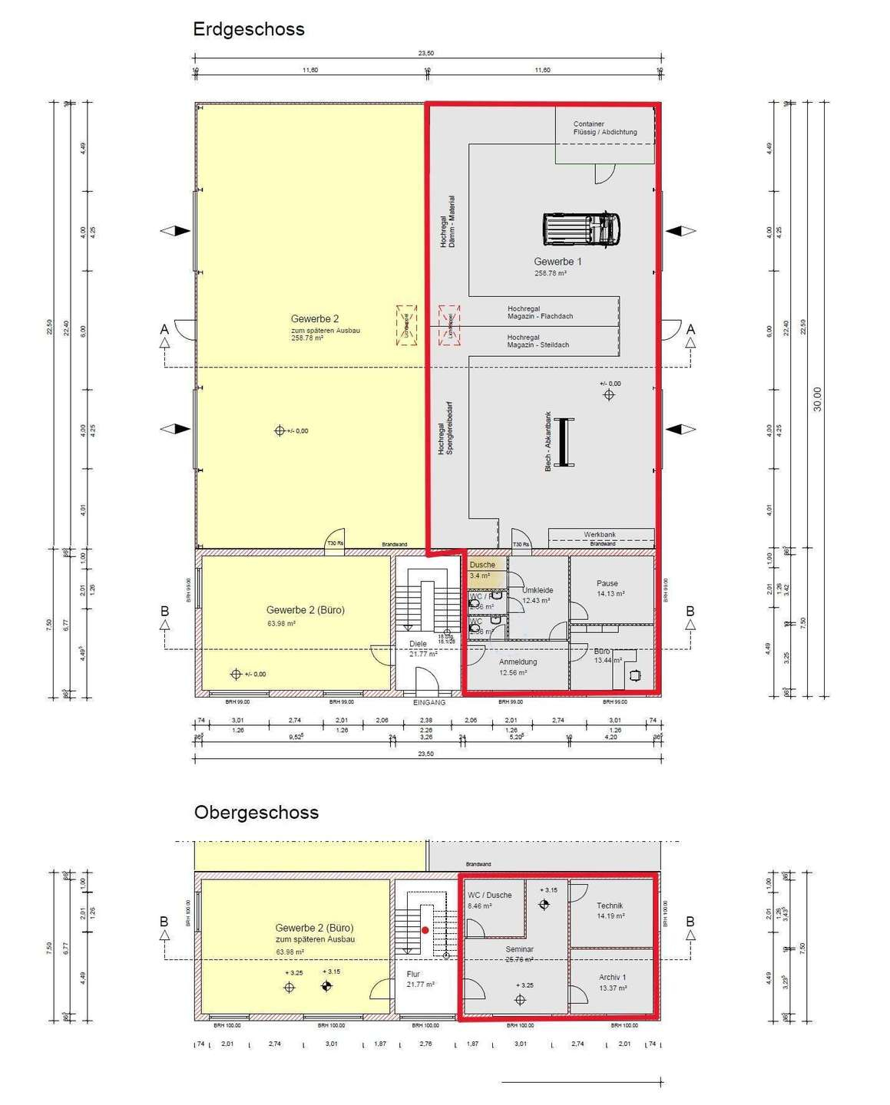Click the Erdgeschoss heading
click(x=249, y=29)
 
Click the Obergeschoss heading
click(x=256, y=813)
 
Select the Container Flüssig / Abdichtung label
click(x=604, y=128)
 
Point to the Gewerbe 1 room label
click(x=557, y=262)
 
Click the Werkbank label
click(x=599, y=535)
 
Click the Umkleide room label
click(x=538, y=591)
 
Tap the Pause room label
click(x=607, y=584)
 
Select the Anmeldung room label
click(x=518, y=662)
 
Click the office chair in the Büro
click(x=634, y=675)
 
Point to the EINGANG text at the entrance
click(x=428, y=702)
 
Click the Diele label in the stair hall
click(x=418, y=645)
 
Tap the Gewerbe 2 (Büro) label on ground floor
click(x=305, y=611)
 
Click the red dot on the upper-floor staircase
click(x=425, y=930)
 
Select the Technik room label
click(x=610, y=906)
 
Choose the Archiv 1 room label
click(x=612, y=978)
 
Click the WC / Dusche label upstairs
click(x=489, y=896)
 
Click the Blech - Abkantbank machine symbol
click(x=566, y=442)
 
